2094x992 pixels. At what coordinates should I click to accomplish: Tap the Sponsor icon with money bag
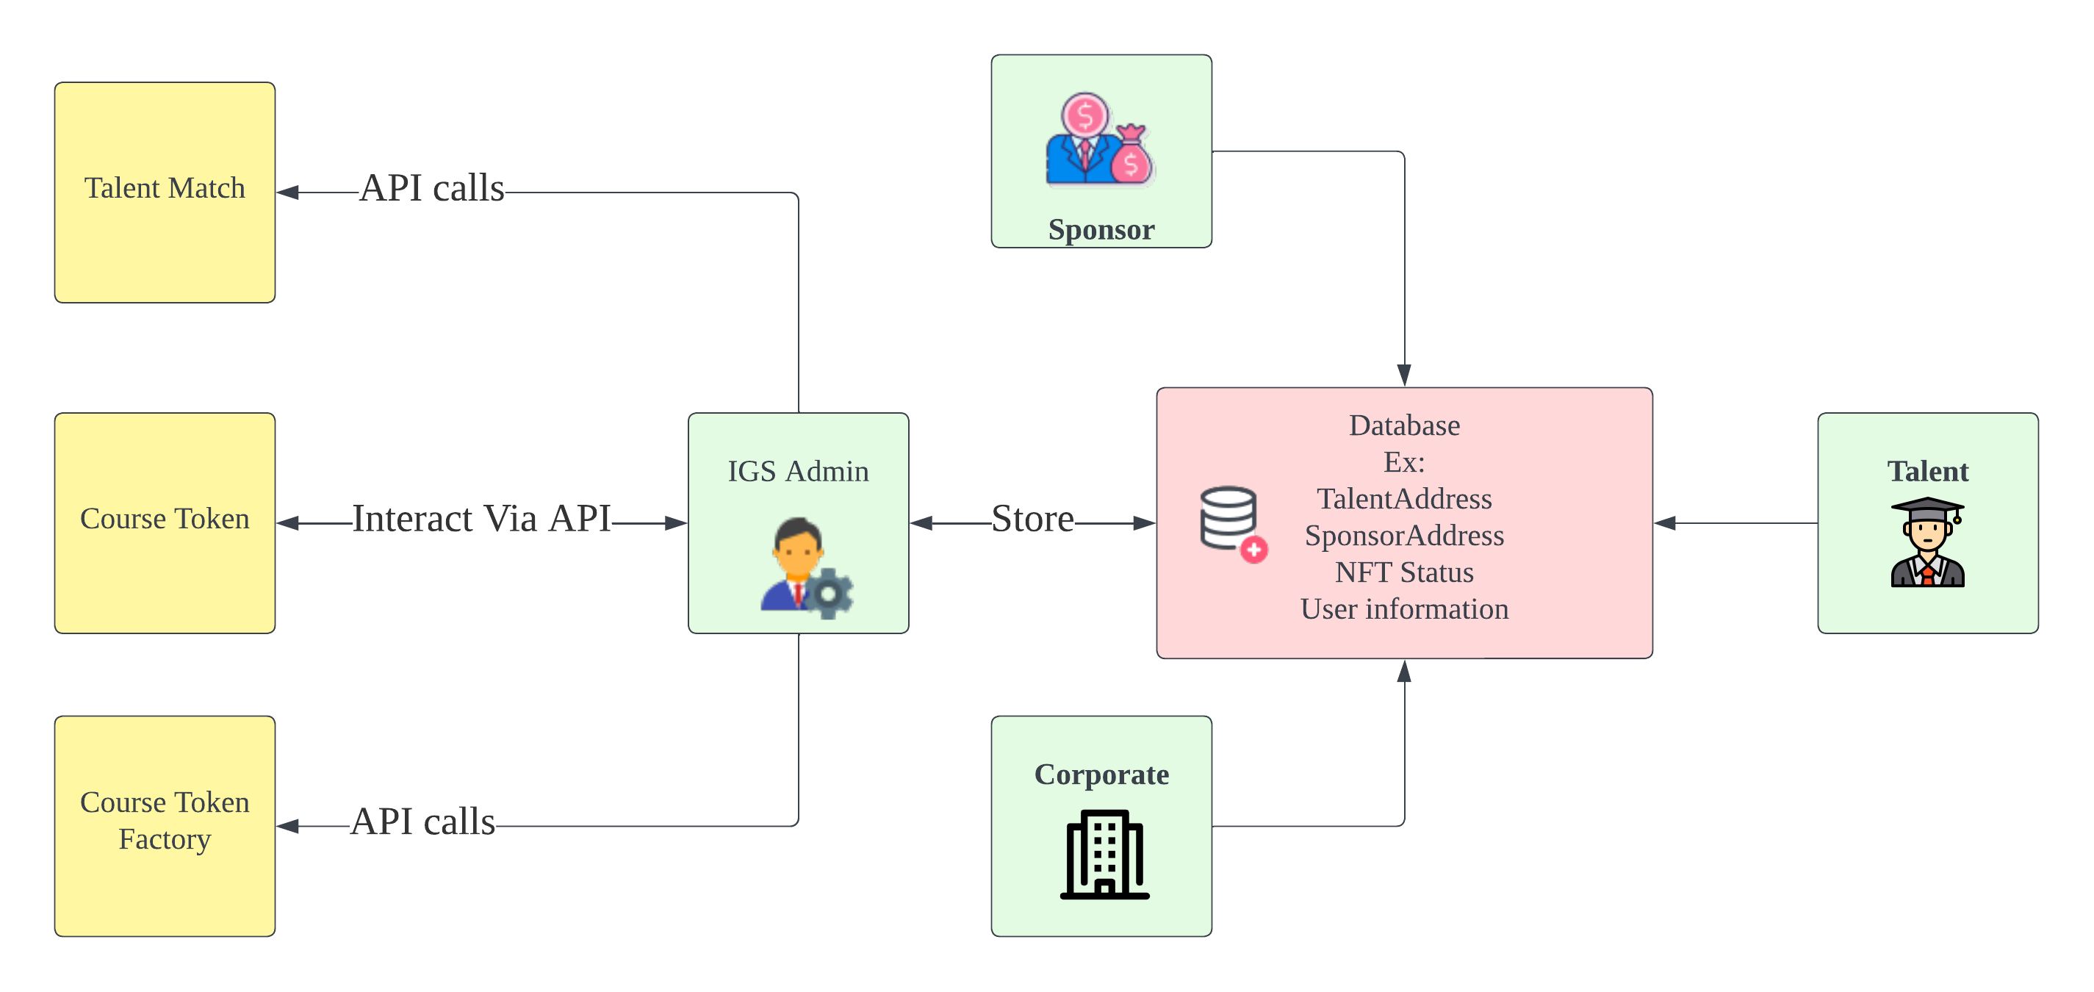pos(1099,140)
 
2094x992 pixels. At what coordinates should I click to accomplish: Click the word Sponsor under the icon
pos(1101,229)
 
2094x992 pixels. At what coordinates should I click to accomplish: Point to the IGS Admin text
pos(797,471)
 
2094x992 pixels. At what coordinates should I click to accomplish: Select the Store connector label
pos(1032,519)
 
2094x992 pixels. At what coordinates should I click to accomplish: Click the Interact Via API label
pos(481,519)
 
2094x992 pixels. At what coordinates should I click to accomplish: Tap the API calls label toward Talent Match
pos(431,189)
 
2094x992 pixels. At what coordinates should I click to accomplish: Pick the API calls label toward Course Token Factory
pos(422,822)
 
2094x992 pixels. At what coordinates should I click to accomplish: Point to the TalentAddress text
pos(1404,498)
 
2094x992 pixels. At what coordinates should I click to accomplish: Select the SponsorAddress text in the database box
pos(1404,536)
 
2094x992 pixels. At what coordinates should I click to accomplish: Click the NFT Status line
pos(1404,572)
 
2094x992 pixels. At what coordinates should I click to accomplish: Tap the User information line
pos(1404,609)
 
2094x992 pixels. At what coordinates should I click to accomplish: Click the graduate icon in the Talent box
pos(1926,542)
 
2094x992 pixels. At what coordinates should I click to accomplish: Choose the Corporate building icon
pos(1104,854)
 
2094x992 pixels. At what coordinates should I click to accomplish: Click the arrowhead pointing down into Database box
pos(1404,375)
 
